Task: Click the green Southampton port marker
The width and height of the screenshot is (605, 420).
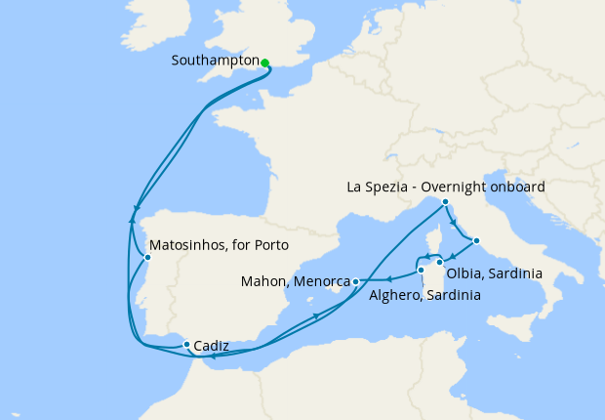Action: point(264,63)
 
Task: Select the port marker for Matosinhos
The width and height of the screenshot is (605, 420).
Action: point(147,258)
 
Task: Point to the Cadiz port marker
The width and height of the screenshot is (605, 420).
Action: point(186,344)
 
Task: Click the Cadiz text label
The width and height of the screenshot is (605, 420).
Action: point(212,345)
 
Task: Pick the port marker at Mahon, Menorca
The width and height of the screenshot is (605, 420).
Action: point(356,281)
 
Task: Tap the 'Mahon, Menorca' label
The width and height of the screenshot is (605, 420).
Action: point(295,282)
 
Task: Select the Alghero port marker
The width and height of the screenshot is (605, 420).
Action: point(421,271)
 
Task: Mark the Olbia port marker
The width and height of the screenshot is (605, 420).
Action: point(440,262)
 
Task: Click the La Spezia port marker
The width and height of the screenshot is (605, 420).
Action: point(445,202)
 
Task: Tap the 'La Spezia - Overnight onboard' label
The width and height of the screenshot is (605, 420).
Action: point(446,187)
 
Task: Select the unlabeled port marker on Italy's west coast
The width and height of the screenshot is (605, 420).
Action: point(475,240)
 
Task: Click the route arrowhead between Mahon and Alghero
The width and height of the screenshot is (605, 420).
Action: point(388,279)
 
